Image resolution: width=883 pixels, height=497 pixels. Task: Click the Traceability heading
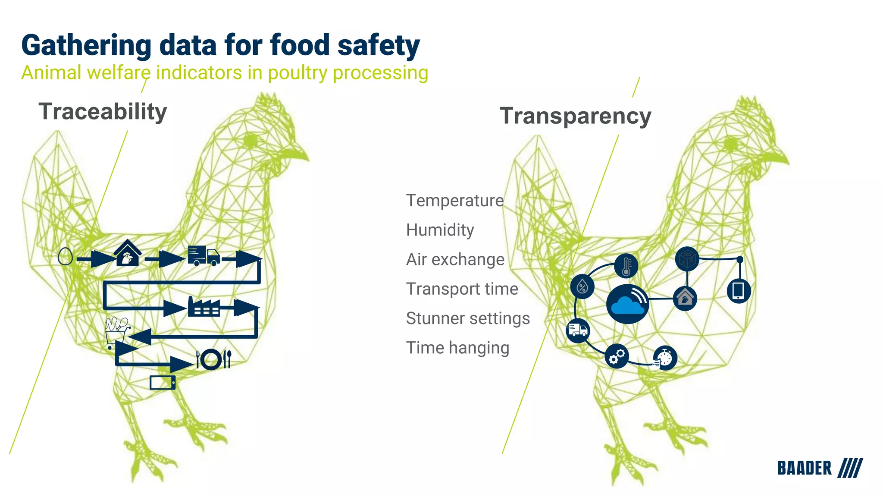click(x=103, y=112)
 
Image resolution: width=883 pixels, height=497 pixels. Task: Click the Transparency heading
click(x=575, y=116)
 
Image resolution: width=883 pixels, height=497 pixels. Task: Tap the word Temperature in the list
click(x=454, y=201)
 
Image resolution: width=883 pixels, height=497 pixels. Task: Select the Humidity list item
click(x=440, y=230)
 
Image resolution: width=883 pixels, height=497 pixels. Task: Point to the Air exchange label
click(x=455, y=259)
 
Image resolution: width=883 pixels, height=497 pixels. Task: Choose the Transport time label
click(x=462, y=289)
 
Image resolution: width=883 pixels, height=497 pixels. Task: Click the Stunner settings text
click(x=468, y=318)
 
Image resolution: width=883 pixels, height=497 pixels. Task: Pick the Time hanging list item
click(x=457, y=348)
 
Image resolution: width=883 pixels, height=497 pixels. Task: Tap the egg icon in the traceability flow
click(x=65, y=256)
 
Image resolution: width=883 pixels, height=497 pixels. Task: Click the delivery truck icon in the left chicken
click(x=204, y=256)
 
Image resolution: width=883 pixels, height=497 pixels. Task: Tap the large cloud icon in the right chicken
click(x=627, y=304)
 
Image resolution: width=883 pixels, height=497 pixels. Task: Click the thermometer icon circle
click(x=626, y=265)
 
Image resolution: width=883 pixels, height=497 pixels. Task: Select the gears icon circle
click(x=617, y=356)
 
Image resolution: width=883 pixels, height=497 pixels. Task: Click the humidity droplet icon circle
click(x=582, y=286)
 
